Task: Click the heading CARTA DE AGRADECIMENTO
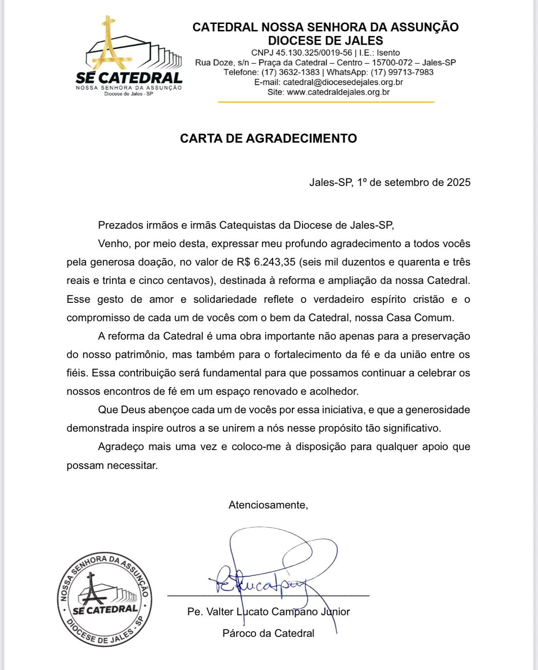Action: (x=268, y=139)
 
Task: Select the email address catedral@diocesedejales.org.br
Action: (x=343, y=82)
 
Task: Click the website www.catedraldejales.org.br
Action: (x=338, y=92)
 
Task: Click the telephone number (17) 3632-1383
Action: (x=290, y=72)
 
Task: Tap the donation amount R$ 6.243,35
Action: (x=266, y=262)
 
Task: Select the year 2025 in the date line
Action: (x=458, y=182)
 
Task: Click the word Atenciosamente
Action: (x=268, y=505)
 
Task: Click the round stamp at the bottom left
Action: (x=105, y=599)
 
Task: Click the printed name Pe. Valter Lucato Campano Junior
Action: (x=269, y=612)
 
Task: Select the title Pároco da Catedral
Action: (x=268, y=633)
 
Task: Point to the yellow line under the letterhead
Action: (x=326, y=102)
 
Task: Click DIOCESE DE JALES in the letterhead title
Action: (x=326, y=40)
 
